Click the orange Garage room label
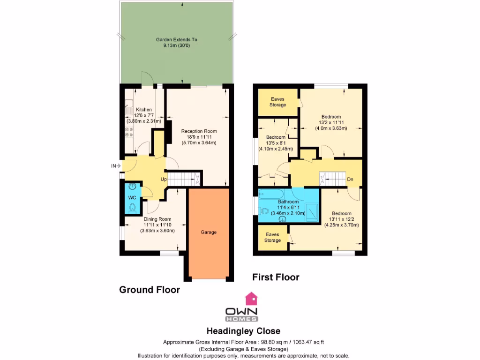tap(209, 232)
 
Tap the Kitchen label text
tap(144, 110)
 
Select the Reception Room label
tap(199, 131)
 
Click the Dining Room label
tap(157, 219)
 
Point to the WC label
tap(132, 197)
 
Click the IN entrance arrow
tap(116, 165)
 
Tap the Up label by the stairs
tap(164, 179)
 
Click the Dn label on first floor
tap(350, 179)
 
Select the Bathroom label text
tap(288, 202)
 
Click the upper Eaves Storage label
tap(277, 102)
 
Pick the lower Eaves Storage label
tap(272, 237)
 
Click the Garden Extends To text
tap(176, 40)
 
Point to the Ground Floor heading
tap(150, 290)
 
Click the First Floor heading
tap(276, 277)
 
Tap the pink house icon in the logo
tap(252, 298)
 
